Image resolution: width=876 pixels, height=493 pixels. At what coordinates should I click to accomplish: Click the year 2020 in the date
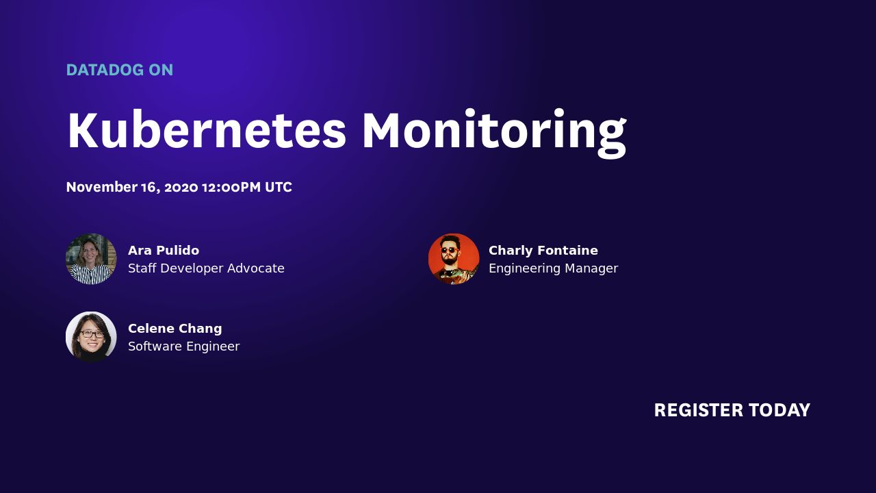click(x=181, y=187)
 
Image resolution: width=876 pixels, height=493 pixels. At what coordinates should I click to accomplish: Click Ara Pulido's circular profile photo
click(x=91, y=259)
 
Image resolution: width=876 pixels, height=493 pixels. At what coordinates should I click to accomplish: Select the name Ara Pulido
click(x=164, y=250)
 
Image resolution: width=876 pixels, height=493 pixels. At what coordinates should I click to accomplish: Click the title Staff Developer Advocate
click(x=206, y=268)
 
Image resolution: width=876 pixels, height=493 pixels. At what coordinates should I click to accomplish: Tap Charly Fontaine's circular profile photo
click(x=454, y=259)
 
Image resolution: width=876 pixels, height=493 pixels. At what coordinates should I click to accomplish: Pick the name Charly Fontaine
click(x=543, y=250)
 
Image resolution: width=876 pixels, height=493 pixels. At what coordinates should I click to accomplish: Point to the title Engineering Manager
click(x=553, y=268)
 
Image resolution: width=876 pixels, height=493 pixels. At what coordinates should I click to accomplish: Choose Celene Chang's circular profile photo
click(x=91, y=337)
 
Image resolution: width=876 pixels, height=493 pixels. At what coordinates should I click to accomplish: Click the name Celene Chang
click(x=175, y=328)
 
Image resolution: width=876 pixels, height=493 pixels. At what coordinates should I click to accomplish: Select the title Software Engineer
click(x=183, y=346)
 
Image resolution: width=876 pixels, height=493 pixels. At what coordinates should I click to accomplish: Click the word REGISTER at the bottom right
click(x=698, y=410)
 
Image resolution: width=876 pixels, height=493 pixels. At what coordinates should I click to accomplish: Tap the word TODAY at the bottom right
click(x=780, y=410)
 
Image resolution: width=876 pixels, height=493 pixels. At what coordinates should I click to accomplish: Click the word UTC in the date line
click(x=279, y=187)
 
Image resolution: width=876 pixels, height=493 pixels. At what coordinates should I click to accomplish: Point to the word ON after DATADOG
click(x=161, y=70)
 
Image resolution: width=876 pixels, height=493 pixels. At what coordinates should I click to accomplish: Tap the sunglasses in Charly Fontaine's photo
click(x=449, y=250)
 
